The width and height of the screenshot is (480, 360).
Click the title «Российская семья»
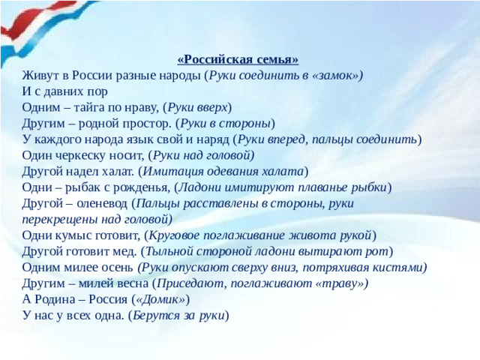(x=238, y=60)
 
